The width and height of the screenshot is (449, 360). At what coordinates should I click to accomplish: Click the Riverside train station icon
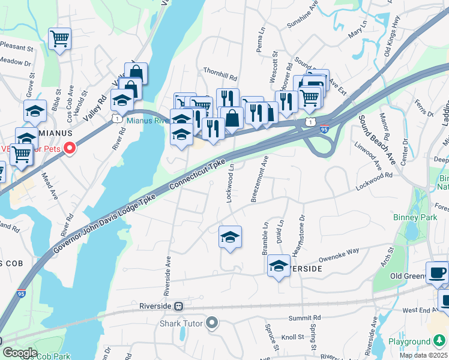[x=178, y=306]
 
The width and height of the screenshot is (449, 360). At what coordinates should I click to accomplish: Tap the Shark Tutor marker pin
[x=211, y=324]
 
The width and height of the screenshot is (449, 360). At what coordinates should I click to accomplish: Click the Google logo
[x=19, y=353]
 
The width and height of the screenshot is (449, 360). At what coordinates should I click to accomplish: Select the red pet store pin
[x=70, y=147]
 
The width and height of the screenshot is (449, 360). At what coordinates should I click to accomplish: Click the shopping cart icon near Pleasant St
[x=59, y=40]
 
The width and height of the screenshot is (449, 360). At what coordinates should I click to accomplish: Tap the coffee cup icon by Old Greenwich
[x=437, y=273]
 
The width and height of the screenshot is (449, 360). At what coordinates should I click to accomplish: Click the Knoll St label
[x=293, y=337]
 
